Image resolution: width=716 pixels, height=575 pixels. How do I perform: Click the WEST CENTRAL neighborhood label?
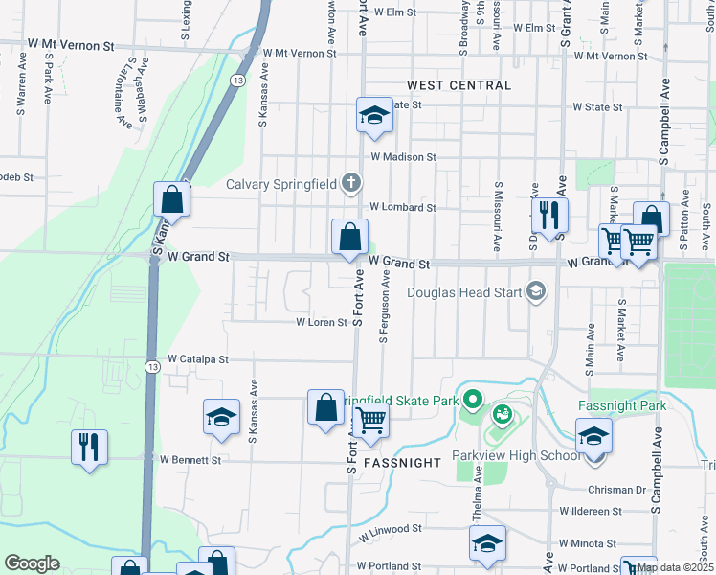pos(458,85)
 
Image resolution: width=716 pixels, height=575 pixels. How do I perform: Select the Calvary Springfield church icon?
pos(351,182)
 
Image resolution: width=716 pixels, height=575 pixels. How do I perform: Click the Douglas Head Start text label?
pos(465,292)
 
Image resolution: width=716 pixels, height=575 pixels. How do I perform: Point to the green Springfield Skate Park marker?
pos(471,398)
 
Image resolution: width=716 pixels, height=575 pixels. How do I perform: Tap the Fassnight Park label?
pos(621,405)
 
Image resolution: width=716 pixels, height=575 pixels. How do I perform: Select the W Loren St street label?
pos(321,323)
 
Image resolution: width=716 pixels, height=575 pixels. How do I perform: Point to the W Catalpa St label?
pos(198,359)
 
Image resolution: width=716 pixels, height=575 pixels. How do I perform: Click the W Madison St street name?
pos(403,157)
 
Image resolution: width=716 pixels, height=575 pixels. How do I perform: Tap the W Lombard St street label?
pos(402,207)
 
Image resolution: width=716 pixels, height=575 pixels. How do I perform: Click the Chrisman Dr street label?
pos(618,490)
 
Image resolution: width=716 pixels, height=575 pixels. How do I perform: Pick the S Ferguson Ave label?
pos(383,307)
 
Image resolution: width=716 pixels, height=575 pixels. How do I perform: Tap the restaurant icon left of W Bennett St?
pos(89,447)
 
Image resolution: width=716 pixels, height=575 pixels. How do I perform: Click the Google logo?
pos(32,563)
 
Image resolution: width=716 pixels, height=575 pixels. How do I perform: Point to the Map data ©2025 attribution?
pos(676,568)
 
